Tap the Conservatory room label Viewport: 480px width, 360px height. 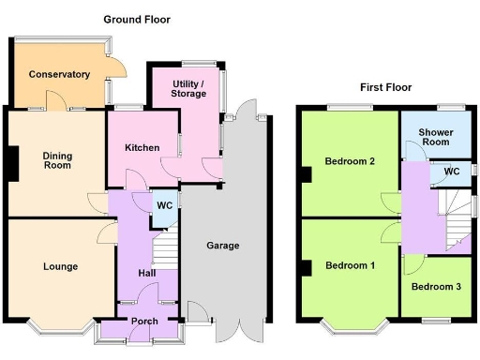[58, 74]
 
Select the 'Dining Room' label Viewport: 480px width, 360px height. [58, 160]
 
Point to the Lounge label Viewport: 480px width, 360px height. [60, 266]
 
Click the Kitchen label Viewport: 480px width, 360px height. [142, 148]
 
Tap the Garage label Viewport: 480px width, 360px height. [223, 246]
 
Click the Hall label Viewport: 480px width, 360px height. [147, 273]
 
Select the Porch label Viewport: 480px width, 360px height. [144, 322]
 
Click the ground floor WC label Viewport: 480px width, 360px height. [163, 205]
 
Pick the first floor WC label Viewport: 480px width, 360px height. [451, 172]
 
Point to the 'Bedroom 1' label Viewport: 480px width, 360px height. [350, 265]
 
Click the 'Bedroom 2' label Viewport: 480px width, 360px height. [350, 161]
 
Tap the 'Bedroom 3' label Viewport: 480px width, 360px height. [436, 286]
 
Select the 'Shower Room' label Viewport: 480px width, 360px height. [436, 138]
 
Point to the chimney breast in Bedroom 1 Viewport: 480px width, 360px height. [307, 268]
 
